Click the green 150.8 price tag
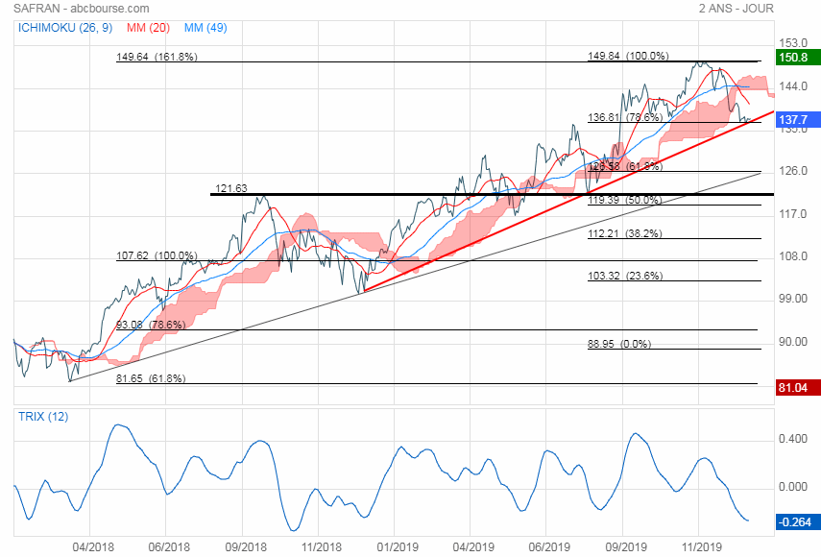pos(793,58)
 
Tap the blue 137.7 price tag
pos(793,120)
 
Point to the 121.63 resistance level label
pos(231,189)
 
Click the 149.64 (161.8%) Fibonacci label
pos(157,57)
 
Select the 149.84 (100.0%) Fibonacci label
pos(628,57)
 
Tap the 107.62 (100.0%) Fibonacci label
pos(157,256)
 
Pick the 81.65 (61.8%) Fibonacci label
pos(151,379)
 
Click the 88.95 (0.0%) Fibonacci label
pos(619,344)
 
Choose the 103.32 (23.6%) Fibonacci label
pos(625,276)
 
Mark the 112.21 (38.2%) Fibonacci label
pos(625,233)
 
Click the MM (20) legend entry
pos(148,27)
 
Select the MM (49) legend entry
pos(205,27)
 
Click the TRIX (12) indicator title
pos(42,417)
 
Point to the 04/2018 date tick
pos(93,545)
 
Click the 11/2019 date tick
pos(701,545)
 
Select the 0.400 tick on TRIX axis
pos(793,439)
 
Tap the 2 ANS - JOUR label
pos(736,9)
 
